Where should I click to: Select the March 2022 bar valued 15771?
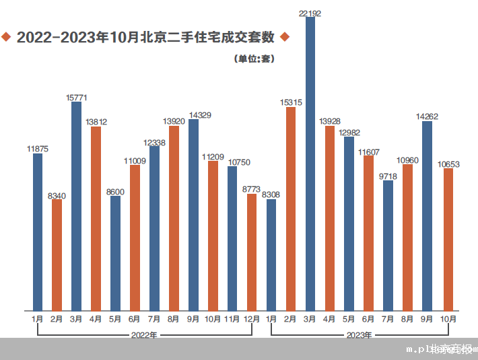pos(77,206)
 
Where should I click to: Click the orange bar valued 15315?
pos(291,209)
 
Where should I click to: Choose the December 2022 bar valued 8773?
pos(252,252)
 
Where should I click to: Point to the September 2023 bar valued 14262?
pos(428,215)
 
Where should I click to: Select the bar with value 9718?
pos(388,245)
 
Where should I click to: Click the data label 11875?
pos(38,148)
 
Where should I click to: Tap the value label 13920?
pos(174,120)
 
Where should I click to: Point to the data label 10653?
pos(448,163)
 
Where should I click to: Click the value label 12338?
pos(154,141)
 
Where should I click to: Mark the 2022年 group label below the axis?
pos(144,334)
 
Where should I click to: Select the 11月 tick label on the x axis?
pos(232,319)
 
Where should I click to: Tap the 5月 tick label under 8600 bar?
pos(116,319)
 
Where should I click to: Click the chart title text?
pos(145,37)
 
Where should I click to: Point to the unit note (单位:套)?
pos(254,59)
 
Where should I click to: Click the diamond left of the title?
pos(7,36)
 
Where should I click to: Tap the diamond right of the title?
pos(284,36)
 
